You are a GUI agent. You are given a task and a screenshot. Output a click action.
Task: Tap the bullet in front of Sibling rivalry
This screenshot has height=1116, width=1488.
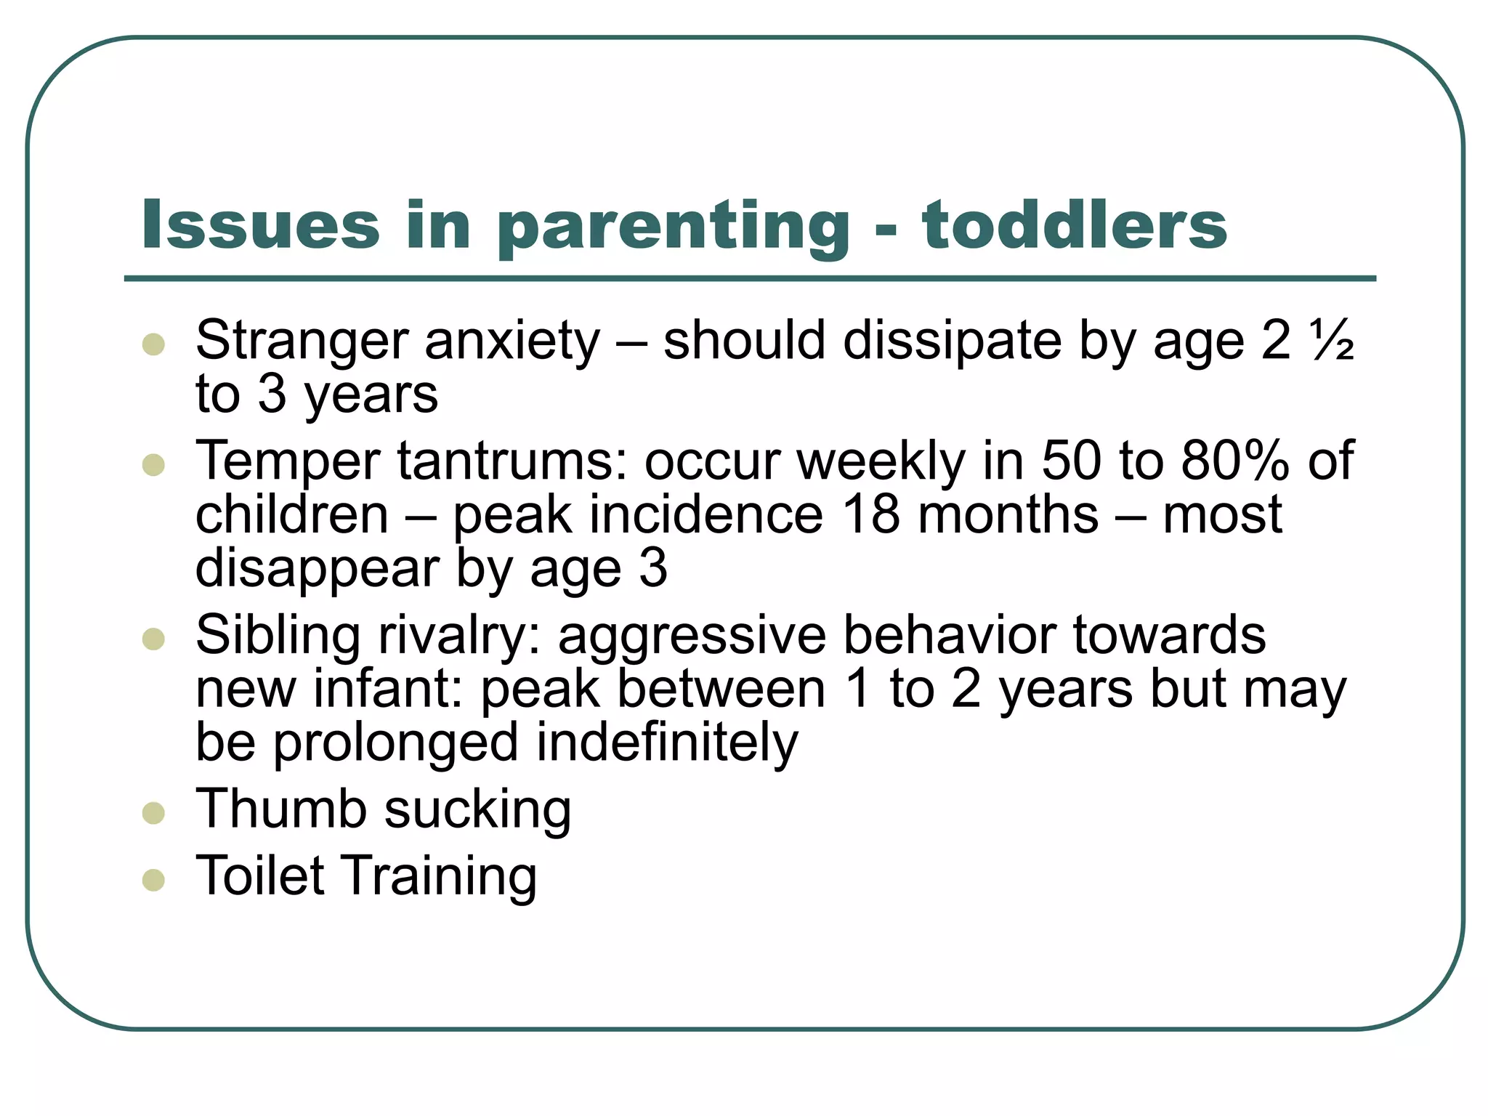(154, 639)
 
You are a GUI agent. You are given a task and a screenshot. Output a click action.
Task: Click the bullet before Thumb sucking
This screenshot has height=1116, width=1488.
(154, 813)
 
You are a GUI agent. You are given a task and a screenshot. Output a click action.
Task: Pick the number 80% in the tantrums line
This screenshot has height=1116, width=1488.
(1234, 461)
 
